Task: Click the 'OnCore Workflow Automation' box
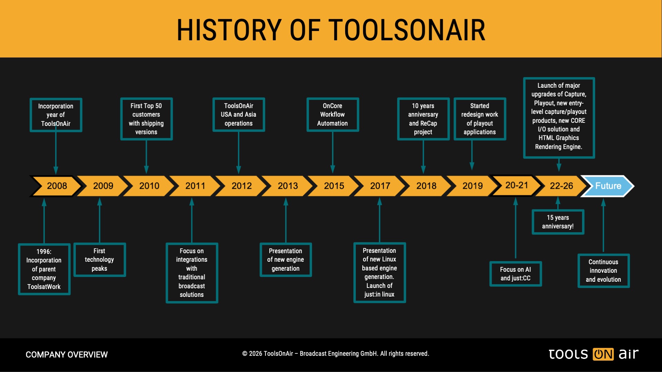tap(333, 115)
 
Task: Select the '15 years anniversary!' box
tap(558, 222)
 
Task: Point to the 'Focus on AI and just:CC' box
tap(515, 274)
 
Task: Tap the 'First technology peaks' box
tap(99, 260)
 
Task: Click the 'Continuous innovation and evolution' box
tap(603, 271)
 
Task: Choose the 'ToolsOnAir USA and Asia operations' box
tap(239, 115)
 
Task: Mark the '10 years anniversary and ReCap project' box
tap(423, 119)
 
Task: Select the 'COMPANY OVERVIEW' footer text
tap(67, 354)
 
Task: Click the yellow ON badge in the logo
tap(603, 354)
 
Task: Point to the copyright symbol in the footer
tap(245, 354)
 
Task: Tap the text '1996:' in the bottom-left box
tap(44, 252)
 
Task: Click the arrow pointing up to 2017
tap(379, 220)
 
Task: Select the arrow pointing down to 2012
tap(239, 153)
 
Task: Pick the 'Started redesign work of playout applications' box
tap(480, 119)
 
